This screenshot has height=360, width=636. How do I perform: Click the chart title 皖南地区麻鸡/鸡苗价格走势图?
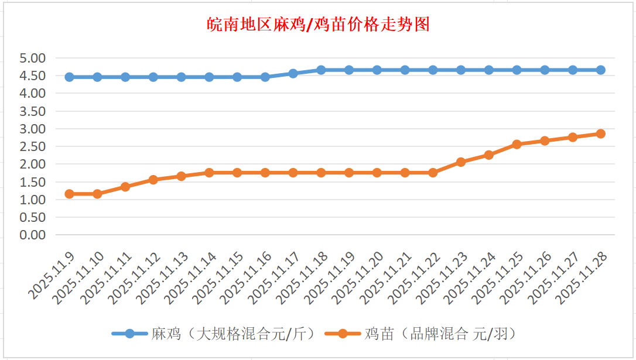[x=319, y=25]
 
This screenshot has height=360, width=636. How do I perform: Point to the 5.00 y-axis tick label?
[x=32, y=58]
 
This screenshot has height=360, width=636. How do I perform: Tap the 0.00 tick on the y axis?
[x=32, y=235]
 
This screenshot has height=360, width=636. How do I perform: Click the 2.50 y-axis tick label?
[x=32, y=146]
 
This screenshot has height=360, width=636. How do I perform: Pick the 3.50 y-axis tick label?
[x=32, y=111]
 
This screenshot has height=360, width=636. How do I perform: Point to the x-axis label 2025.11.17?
[x=275, y=277]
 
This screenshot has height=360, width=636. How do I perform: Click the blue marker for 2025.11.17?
[x=293, y=74]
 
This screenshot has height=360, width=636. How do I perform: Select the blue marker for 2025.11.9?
[x=69, y=77]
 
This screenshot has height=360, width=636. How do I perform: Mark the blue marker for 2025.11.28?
[x=600, y=70]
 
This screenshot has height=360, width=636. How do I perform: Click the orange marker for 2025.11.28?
[x=600, y=133]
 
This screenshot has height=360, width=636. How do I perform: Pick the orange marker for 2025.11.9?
[x=69, y=194]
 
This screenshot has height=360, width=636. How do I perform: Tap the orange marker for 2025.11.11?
[x=125, y=187]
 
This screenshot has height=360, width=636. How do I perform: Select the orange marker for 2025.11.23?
[x=461, y=162]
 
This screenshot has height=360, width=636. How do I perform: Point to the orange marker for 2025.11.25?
[x=517, y=144]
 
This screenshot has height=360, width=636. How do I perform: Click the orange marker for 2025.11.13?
[x=181, y=176]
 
